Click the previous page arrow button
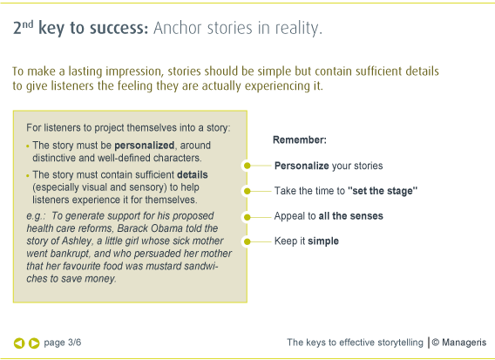[x=19, y=343]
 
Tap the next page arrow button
[x=34, y=343]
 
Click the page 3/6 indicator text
[x=63, y=343]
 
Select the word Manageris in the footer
[x=464, y=343]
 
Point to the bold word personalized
[x=145, y=146]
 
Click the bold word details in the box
[x=193, y=174]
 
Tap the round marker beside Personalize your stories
[x=247, y=166]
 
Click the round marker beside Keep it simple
[x=247, y=241]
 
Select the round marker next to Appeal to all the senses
[x=247, y=217]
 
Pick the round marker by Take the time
[x=247, y=191]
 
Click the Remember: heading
[x=300, y=139]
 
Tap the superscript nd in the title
[x=28, y=24]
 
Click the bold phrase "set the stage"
[x=383, y=191]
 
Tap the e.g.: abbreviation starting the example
[x=36, y=216]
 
